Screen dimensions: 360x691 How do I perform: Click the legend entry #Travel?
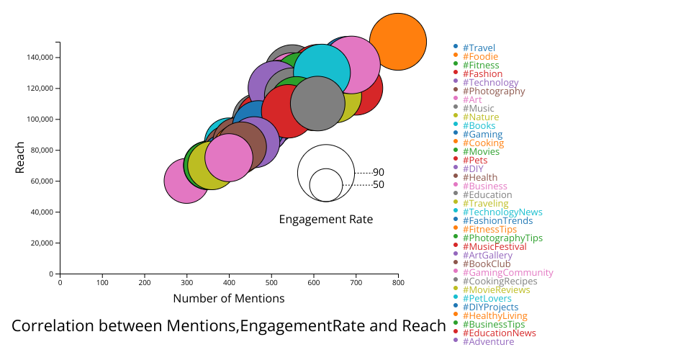pos(479,48)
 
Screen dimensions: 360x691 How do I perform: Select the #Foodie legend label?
pos(480,57)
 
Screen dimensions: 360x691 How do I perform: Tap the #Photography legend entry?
pos(494,91)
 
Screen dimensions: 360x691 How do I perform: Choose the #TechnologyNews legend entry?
pos(502,212)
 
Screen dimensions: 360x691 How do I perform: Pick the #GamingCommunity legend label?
pos(508,273)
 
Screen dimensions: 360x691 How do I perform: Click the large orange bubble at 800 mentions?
pos(398,42)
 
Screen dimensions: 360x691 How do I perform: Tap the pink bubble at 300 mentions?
pos(187,181)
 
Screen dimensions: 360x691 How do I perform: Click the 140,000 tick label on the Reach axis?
pos(40,58)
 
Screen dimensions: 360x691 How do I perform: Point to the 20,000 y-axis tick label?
pos(42,243)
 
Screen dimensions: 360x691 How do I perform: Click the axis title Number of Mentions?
pos(229,298)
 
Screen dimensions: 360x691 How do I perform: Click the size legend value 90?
pos(379,173)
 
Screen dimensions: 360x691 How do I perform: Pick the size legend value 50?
pos(379,185)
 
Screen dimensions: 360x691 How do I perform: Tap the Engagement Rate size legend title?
pos(326,220)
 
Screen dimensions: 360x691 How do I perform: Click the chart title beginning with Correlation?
pos(229,326)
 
